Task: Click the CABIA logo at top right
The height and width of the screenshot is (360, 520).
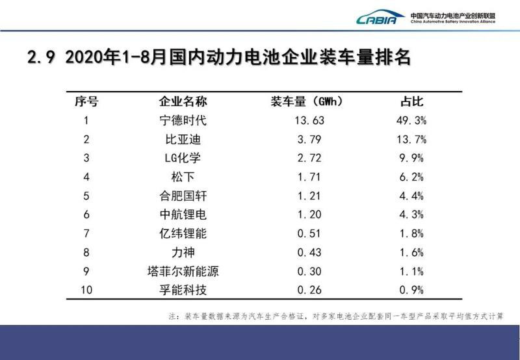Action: click(x=380, y=18)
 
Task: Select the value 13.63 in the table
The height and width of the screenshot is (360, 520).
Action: click(x=309, y=120)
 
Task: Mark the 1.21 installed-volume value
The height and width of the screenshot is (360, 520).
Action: click(x=309, y=195)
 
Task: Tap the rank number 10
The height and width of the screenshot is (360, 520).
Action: click(x=87, y=289)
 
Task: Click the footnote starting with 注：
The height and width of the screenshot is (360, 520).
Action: click(x=335, y=316)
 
